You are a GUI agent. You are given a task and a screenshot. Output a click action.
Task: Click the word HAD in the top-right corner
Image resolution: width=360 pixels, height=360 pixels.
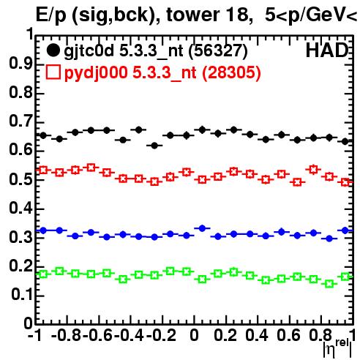[327, 50]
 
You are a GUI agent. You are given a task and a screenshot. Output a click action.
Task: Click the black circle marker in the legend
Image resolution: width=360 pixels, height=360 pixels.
[53, 50]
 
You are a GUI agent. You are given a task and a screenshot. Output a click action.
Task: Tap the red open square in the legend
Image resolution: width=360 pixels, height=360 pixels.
[53, 72]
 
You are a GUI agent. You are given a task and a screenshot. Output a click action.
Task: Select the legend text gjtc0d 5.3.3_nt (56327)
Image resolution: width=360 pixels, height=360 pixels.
[156, 51]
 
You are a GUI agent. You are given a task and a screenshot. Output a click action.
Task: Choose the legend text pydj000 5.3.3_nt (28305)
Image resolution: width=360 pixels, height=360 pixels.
[162, 73]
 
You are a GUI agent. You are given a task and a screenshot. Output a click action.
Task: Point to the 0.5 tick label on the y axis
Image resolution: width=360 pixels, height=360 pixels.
[20, 179]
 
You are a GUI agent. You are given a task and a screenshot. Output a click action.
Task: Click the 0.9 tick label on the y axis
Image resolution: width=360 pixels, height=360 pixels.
[20, 64]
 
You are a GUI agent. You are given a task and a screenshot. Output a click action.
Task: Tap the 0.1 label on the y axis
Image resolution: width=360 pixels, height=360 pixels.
[21, 295]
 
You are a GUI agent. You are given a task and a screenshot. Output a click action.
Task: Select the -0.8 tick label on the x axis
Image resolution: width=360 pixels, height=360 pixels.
[67, 335]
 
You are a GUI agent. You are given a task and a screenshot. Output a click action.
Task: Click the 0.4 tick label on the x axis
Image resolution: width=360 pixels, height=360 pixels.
[257, 335]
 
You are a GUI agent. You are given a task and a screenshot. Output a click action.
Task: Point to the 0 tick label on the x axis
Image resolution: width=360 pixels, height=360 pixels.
[194, 335]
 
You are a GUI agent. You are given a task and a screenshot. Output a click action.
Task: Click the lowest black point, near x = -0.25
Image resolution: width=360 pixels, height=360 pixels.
[154, 146]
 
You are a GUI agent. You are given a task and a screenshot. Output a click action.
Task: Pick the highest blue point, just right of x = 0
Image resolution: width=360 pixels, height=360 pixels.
[202, 228]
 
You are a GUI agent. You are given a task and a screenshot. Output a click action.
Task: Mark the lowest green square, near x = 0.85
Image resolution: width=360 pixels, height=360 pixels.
[329, 284]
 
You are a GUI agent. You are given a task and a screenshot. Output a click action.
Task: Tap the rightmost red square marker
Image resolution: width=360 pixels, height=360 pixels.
[345, 182]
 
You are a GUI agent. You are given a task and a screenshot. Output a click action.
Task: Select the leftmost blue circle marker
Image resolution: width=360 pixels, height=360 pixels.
[43, 230]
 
